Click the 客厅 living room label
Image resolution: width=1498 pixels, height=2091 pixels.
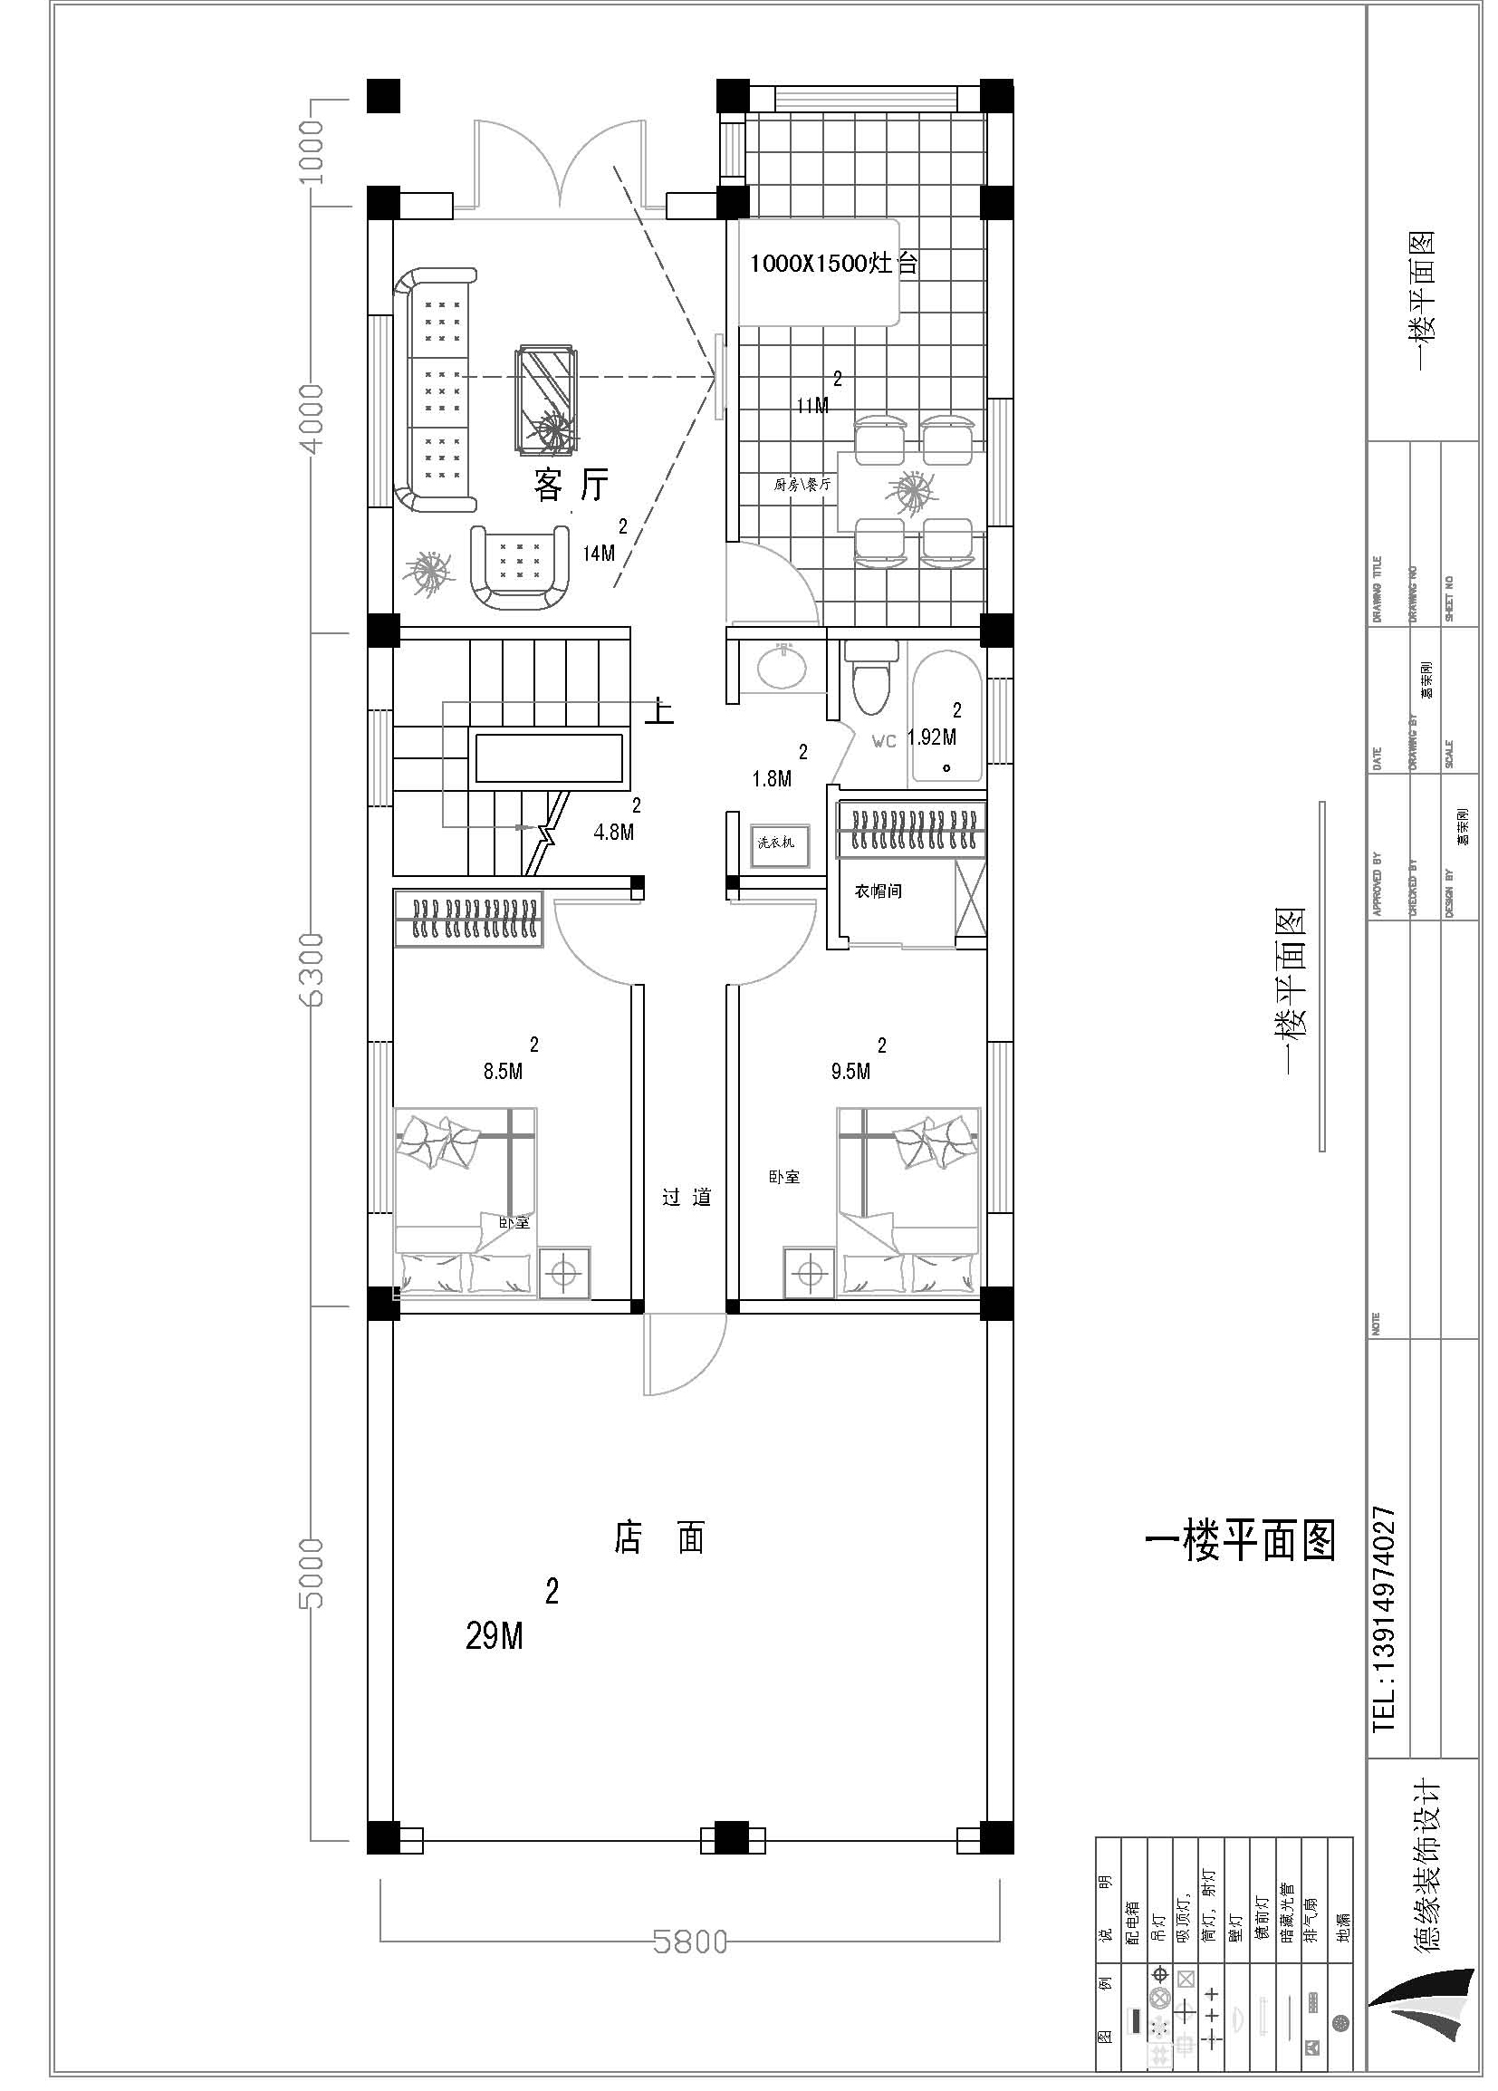point(571,484)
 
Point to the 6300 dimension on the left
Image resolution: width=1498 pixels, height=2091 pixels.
point(313,969)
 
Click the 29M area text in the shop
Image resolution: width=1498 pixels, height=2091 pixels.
point(495,1636)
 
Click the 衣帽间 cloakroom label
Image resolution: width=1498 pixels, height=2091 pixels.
point(877,891)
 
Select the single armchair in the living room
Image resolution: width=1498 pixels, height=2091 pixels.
point(519,566)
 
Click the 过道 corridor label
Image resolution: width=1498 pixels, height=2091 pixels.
point(687,1198)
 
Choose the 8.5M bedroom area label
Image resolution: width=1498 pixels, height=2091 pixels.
point(504,1071)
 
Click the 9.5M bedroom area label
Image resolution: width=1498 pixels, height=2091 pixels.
point(850,1071)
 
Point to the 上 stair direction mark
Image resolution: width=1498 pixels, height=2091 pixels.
point(659,710)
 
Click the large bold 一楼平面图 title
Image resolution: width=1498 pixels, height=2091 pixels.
point(1240,1541)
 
